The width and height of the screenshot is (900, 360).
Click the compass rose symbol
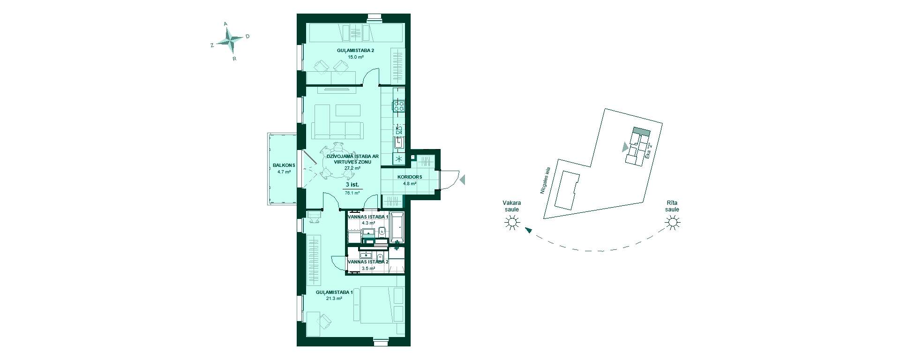point(231,40)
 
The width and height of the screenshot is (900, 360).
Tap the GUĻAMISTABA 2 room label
point(355,50)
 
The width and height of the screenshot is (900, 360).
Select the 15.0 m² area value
point(355,57)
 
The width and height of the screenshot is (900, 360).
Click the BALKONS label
point(284,165)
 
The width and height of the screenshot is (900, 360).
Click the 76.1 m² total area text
point(352,193)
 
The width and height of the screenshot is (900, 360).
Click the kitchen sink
point(399,142)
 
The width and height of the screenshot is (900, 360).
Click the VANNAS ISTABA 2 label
point(368,262)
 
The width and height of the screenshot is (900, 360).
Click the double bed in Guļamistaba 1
point(382,305)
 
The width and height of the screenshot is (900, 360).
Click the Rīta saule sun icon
point(673,222)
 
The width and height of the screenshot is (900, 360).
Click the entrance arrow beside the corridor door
point(462,180)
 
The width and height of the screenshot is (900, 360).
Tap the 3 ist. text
point(352,185)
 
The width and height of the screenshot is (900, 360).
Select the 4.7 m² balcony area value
point(284,172)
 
